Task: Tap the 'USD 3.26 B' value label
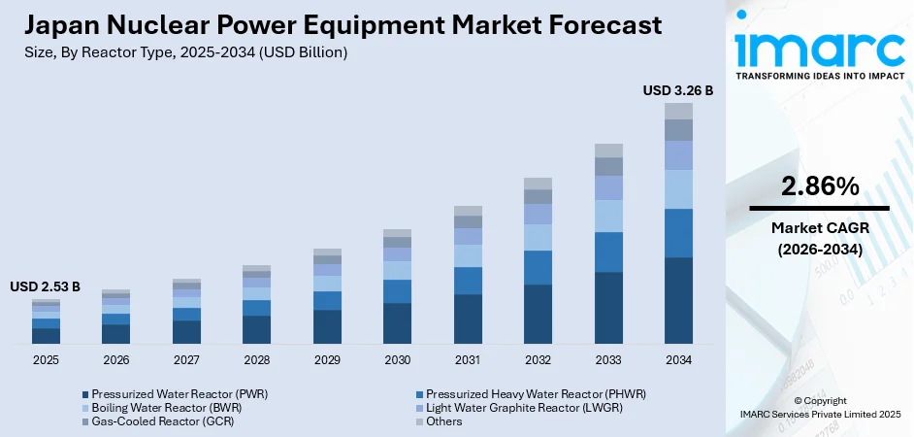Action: [677, 90]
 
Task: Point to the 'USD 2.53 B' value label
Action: [45, 287]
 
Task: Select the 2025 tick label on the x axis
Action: [46, 359]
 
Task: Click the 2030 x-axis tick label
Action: [397, 359]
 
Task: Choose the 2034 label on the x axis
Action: [678, 359]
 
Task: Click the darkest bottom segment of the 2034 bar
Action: [678, 300]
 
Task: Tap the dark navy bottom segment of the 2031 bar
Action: [468, 319]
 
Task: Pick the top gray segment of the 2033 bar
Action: [608, 151]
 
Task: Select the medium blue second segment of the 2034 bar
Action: [678, 233]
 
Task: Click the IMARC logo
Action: [820, 49]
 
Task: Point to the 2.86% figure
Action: [819, 185]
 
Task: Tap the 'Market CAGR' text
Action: [819, 227]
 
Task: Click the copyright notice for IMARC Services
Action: [820, 407]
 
